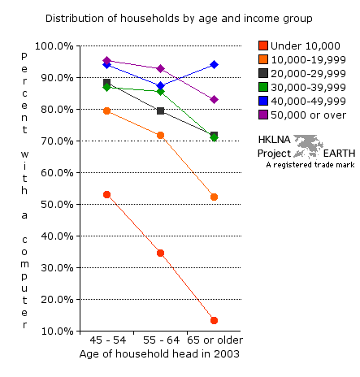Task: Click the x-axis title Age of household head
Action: [159, 354]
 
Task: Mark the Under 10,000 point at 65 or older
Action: [214, 321]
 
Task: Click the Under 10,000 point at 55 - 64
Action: [160, 253]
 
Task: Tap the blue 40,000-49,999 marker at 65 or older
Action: [214, 64]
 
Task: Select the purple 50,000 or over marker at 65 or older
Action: [214, 99]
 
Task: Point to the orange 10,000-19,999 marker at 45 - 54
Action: [106, 110]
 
